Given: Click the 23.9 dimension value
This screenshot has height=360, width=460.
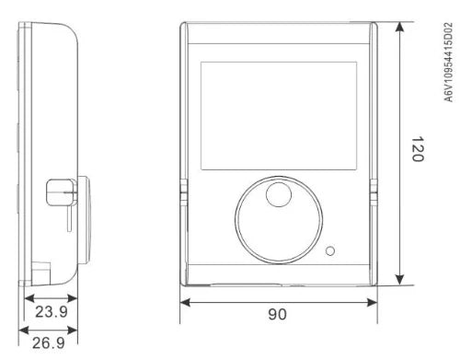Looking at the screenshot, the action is pyautogui.click(x=52, y=312).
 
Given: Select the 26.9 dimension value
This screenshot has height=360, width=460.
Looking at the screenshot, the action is pyautogui.click(x=49, y=343).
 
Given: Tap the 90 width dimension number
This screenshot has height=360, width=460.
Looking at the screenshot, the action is pyautogui.click(x=278, y=314).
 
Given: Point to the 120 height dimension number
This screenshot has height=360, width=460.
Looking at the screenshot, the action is pyautogui.click(x=418, y=149).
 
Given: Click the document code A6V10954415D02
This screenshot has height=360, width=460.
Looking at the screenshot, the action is pyautogui.click(x=448, y=62).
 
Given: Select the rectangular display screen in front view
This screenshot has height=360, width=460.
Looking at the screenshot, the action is pyautogui.click(x=279, y=116).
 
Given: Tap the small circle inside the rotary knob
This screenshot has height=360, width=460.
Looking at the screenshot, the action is pyautogui.click(x=279, y=194).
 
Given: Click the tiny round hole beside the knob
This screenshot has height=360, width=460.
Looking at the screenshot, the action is pyautogui.click(x=330, y=251).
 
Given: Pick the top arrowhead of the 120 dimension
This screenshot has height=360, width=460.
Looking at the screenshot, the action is pyautogui.click(x=399, y=27).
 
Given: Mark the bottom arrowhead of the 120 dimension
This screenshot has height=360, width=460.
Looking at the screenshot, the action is pyautogui.click(x=399, y=280).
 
